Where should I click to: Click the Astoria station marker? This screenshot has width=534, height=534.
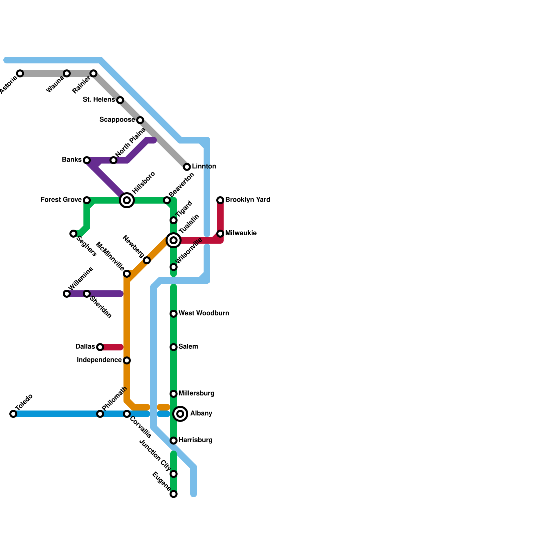click(20, 73)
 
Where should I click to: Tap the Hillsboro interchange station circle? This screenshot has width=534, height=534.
click(127, 200)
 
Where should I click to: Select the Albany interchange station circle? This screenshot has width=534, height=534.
click(180, 414)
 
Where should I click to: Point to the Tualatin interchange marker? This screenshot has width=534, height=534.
click(174, 240)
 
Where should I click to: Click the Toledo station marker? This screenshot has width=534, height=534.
click(13, 414)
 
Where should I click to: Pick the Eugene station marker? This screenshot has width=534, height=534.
click(174, 494)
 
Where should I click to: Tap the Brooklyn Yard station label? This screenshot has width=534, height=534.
click(248, 200)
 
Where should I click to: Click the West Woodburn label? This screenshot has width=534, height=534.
click(204, 313)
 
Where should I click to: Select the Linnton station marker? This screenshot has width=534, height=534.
click(187, 167)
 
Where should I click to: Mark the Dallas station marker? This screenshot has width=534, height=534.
click(100, 347)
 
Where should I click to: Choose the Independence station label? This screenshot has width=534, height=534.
click(99, 360)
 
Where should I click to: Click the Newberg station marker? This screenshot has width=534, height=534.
click(147, 260)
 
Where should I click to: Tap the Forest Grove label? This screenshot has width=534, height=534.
click(61, 200)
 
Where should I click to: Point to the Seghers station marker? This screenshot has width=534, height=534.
click(73, 234)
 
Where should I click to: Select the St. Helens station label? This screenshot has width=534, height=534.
click(99, 100)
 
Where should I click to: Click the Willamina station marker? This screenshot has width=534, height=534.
click(67, 294)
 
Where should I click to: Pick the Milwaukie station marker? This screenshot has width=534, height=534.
click(220, 234)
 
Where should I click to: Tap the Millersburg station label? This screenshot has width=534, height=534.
click(196, 393)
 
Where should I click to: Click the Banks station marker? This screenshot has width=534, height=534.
click(87, 160)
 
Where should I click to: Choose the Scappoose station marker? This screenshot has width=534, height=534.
click(140, 120)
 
